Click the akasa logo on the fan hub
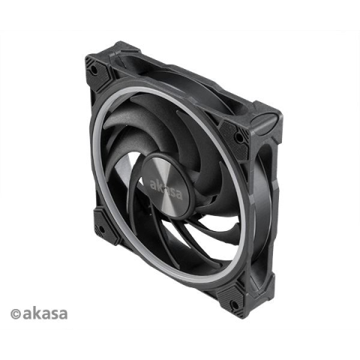(x=166, y=190)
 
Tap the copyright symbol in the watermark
(x=16, y=314)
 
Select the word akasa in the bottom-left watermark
(x=45, y=313)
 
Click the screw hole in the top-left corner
(x=93, y=69)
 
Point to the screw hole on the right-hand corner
(x=239, y=137)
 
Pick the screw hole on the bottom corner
(x=234, y=304)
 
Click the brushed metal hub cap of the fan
(x=166, y=184)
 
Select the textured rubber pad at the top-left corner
(x=99, y=71)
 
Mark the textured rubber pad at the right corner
(x=235, y=137)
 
